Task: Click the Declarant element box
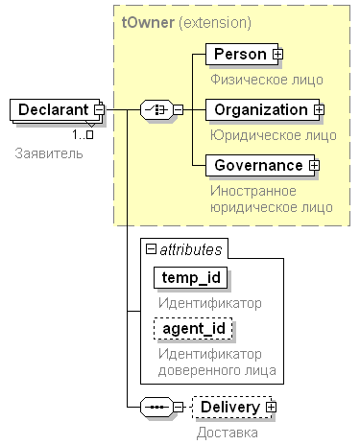[55, 109]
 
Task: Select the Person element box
[242, 54]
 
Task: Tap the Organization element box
[262, 109]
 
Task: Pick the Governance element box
[260, 165]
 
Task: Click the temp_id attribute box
[191, 277]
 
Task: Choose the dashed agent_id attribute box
[193, 328]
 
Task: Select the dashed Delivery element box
[231, 407]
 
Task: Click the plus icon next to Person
[277, 55]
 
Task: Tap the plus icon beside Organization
[319, 110]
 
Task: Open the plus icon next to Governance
[315, 166]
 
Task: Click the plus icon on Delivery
[272, 408]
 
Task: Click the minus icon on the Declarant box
[99, 110]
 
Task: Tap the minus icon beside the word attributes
[151, 248]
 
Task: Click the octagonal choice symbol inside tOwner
[156, 110]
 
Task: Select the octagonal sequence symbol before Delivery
[156, 408]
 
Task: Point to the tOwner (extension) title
[186, 23]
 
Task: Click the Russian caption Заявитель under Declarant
[49, 153]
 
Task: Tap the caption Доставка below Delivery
[228, 433]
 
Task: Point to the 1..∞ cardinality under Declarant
[83, 135]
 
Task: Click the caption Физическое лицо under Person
[267, 80]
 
